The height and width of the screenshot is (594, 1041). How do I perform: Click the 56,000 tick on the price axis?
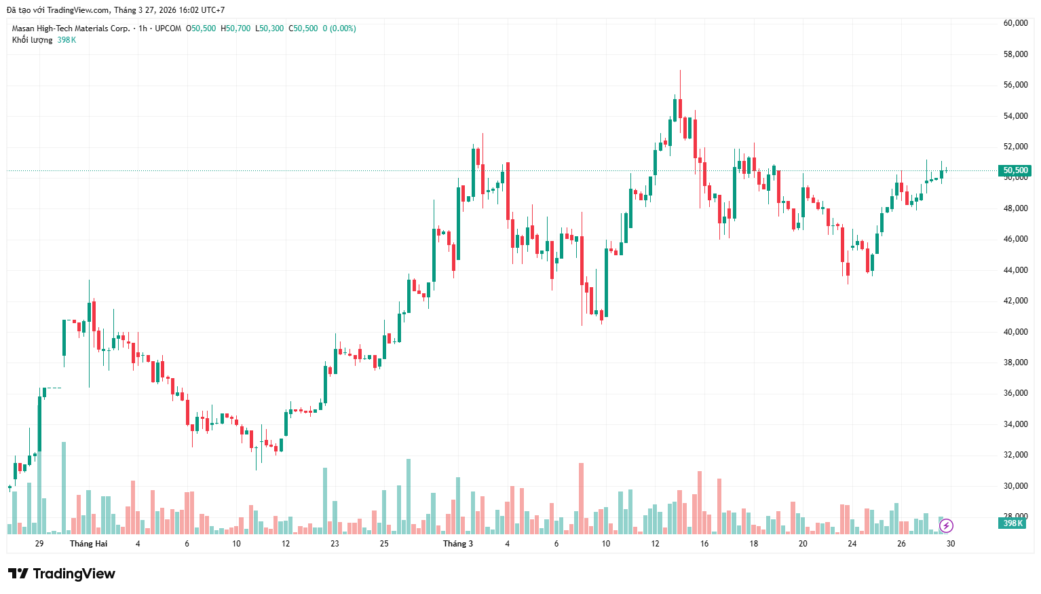1015,85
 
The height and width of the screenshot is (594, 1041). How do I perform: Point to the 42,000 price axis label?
1015,301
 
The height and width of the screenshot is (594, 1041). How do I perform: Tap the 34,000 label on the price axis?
1015,424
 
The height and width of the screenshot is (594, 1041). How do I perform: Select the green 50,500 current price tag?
1015,170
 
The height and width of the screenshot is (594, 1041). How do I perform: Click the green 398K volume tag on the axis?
1012,523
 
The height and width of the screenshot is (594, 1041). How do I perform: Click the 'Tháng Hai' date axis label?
88,544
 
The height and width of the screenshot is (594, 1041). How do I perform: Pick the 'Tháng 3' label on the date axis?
458,544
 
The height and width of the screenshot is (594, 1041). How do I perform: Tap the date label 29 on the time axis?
39,544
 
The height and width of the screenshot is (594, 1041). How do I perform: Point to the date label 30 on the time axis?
951,544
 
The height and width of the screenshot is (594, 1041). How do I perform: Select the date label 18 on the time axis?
754,544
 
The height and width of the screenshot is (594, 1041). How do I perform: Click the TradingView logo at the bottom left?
62,574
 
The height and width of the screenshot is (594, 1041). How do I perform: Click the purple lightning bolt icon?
946,525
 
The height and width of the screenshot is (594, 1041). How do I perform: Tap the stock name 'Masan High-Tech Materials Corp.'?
71,29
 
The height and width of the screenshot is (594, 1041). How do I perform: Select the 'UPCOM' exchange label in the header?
168,29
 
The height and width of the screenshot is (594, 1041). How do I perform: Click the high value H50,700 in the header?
235,29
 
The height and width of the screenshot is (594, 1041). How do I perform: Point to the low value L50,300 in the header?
269,29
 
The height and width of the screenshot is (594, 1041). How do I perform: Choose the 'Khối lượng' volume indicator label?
32,40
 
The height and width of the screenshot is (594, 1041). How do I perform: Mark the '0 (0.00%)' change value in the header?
339,29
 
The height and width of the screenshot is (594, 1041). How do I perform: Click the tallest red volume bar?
581,498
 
